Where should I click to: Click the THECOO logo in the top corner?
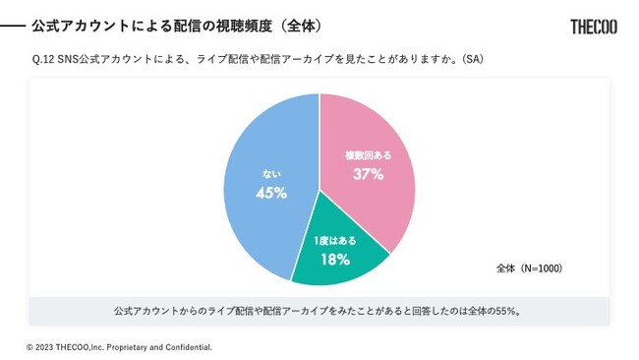594,27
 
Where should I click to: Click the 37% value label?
368,174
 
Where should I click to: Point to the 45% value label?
270,193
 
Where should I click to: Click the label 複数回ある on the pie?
367,155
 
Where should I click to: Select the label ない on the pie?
270,174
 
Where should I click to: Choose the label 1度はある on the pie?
335,241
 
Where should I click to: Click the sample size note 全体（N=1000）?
529,268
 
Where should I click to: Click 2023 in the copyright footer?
46,347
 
